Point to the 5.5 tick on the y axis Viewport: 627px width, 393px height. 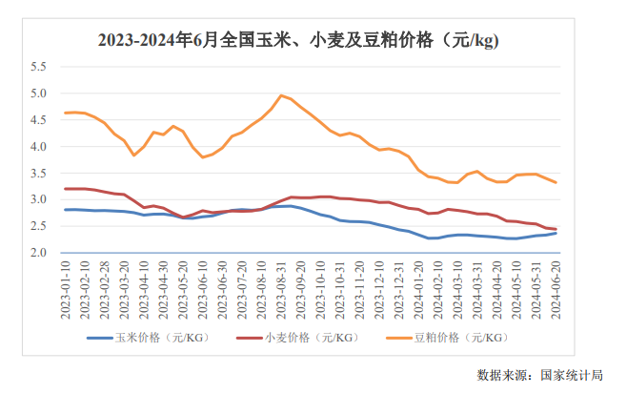tap(38, 67)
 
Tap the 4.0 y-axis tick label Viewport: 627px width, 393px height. tap(38, 147)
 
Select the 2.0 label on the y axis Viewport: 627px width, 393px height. tap(38, 253)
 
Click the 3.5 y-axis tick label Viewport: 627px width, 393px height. tap(38, 174)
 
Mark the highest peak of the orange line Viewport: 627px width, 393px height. tap(281, 95)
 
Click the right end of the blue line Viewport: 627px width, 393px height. tap(556, 233)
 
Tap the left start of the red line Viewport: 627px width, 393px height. tap(66, 188)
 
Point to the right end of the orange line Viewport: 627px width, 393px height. tap(556, 182)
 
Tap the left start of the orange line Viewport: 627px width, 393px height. tap(66, 113)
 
